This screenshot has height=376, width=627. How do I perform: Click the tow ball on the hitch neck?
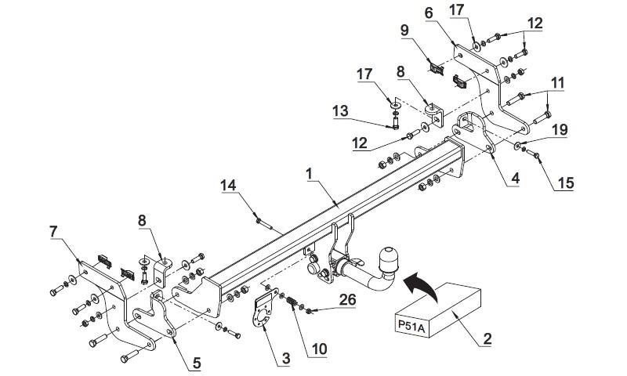pos(387,260)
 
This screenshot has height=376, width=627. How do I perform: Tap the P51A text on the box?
pos(411,327)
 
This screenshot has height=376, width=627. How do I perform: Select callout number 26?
pos(347,299)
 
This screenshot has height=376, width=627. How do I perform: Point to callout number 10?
pos(320,349)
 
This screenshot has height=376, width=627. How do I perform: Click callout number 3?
pos(286,359)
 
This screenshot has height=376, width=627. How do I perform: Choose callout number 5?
pos(197,363)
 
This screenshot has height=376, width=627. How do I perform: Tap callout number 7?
pos(53,231)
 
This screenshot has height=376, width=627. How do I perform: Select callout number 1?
pos(309,173)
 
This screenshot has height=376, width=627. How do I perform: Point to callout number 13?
pos(341,110)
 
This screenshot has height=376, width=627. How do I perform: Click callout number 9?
pos(404,31)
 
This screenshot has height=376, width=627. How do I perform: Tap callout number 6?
pos(429,13)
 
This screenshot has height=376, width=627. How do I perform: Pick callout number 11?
pos(557,83)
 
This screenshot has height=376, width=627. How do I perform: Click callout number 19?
pos(560,129)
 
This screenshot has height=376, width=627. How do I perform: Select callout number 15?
pos(566,183)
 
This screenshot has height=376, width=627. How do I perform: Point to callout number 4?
pos(515,178)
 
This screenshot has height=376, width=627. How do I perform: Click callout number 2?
pos(487,339)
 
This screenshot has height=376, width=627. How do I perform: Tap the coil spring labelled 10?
pos(295,303)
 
